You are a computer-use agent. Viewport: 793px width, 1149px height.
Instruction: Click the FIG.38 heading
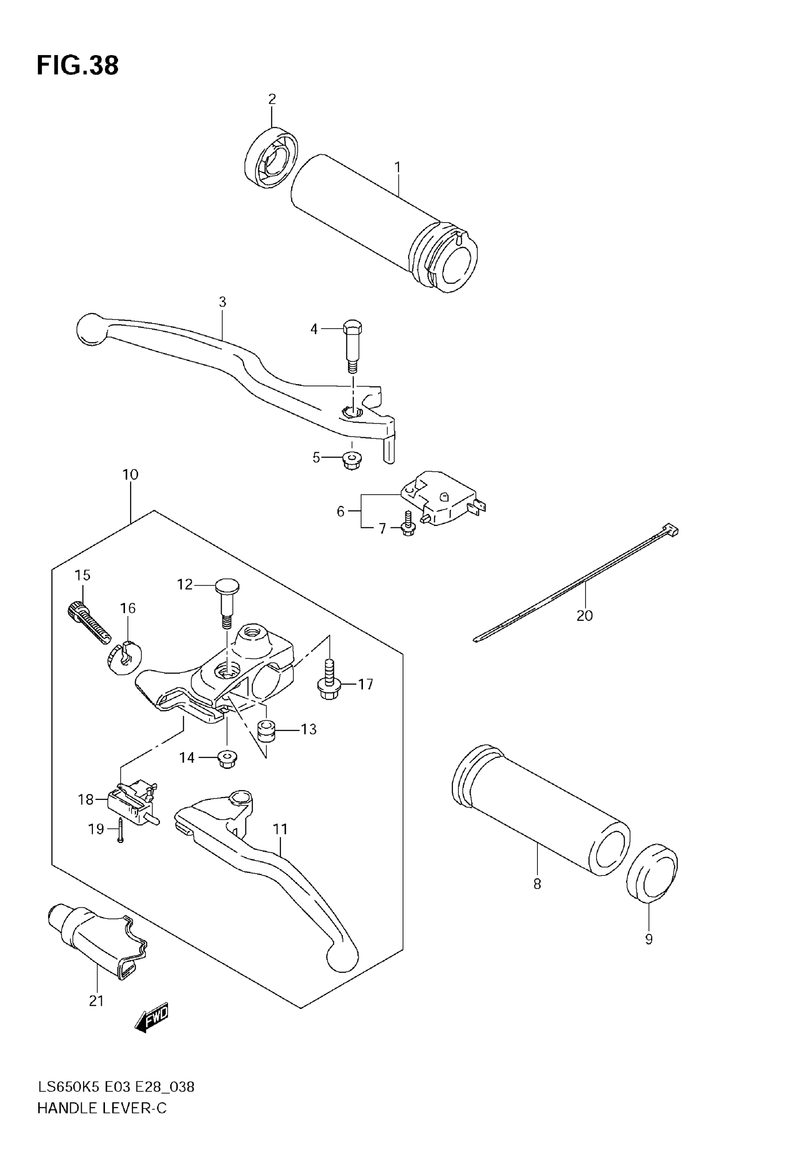point(77,66)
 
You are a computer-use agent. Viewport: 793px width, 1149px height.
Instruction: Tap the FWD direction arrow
point(152,1018)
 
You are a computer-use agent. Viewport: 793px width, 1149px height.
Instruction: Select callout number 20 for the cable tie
point(584,616)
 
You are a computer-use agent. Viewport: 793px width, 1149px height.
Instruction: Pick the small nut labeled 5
point(352,461)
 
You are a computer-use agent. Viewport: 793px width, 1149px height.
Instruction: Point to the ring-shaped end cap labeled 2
point(271,158)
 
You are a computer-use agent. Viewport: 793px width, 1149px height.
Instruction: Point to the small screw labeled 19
point(121,829)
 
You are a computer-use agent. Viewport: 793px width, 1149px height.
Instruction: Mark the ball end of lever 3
point(91,329)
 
